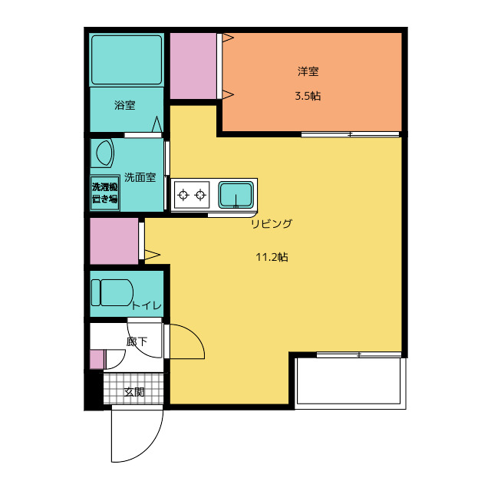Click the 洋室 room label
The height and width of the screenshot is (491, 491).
(x=308, y=71)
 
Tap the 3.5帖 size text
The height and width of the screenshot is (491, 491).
(x=308, y=96)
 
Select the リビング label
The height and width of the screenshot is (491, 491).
(x=272, y=223)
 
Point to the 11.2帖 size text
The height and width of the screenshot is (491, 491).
(x=272, y=257)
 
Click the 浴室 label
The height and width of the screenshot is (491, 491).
(x=124, y=105)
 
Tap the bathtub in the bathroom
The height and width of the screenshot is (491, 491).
(x=127, y=60)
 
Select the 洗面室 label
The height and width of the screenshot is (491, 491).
(x=140, y=177)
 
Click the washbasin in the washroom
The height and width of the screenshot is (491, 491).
(x=102, y=153)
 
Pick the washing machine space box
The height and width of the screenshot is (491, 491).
(x=104, y=193)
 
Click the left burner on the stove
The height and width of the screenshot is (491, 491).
(x=183, y=195)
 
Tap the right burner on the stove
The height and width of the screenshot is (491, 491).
(x=200, y=195)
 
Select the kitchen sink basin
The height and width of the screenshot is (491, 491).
(x=236, y=195)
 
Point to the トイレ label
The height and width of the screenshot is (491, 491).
(x=147, y=305)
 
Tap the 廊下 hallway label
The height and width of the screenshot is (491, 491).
(x=137, y=341)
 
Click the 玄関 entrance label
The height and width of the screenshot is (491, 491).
(x=134, y=392)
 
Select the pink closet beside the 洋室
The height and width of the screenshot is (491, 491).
(x=193, y=66)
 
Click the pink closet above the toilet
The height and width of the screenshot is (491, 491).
(x=114, y=241)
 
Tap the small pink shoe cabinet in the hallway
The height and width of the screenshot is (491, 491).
(x=97, y=360)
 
